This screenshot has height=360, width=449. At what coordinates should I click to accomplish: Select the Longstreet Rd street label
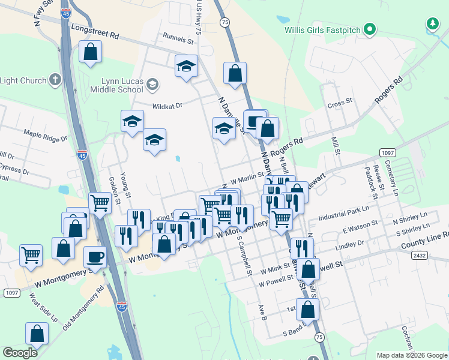pos(95,32)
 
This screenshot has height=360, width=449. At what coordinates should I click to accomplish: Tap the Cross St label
pos(340,104)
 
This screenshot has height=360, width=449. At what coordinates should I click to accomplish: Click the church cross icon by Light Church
pos(55,80)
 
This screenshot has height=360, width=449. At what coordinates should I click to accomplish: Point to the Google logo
pos(20,353)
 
